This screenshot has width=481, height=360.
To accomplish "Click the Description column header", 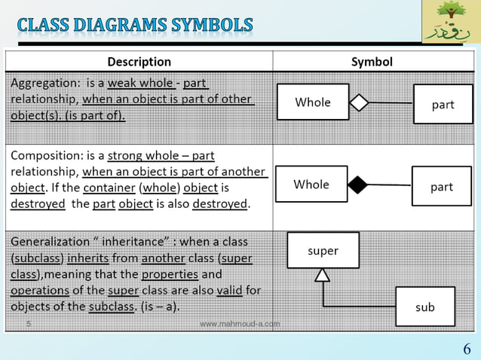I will [x=139, y=61].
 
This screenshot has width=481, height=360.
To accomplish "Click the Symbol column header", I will [x=372, y=61].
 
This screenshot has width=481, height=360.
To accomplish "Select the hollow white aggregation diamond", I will [x=359, y=102].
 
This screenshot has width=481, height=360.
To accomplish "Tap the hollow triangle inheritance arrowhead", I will [x=323, y=275].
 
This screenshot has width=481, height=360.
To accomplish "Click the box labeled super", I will [x=323, y=250].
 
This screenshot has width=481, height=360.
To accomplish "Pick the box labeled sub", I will [x=425, y=307].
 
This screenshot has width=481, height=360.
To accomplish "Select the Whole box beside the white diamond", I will [x=313, y=102].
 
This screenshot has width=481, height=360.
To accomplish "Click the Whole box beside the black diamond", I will [x=311, y=184].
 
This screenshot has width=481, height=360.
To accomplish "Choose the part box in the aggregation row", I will [x=443, y=105].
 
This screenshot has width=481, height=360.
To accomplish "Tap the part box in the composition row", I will [x=441, y=187].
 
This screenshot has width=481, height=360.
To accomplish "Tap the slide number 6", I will [x=467, y=349].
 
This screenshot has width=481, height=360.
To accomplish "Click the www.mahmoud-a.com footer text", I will [x=240, y=324].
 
